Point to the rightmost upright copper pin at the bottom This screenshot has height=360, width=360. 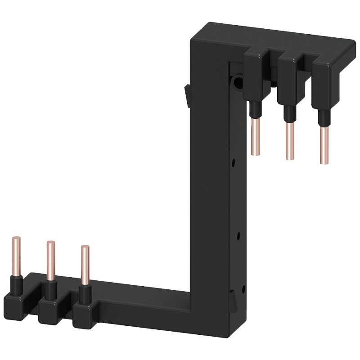(83, 263)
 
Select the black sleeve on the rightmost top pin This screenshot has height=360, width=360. (323, 117)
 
